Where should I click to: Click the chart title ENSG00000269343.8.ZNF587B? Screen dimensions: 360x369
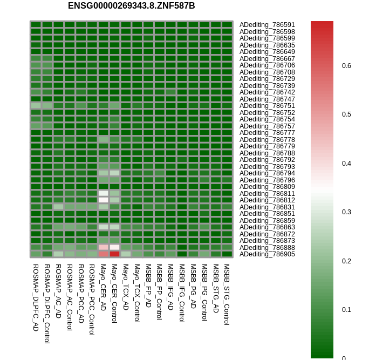(x=131, y=6)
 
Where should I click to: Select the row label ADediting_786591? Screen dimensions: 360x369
(x=267, y=25)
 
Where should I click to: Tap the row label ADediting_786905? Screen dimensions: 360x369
(x=267, y=254)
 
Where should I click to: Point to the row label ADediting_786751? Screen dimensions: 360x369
(x=267, y=106)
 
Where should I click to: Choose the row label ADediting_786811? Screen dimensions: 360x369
(x=267, y=193)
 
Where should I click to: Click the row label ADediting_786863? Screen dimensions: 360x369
(x=267, y=227)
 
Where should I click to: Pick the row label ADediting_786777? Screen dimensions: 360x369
(x=267, y=133)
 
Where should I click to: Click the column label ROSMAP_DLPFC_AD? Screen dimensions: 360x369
(x=36, y=297)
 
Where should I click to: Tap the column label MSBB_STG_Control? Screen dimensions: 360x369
(x=227, y=294)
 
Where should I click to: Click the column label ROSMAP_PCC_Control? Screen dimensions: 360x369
(x=92, y=300)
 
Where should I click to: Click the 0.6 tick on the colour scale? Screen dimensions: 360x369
(x=346, y=66)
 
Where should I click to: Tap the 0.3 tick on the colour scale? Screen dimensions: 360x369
(x=346, y=212)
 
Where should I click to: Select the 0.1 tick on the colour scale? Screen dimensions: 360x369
(x=346, y=310)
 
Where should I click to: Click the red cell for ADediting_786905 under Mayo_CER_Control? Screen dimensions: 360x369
(x=114, y=254)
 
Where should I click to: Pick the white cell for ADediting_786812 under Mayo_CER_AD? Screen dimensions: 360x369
(x=103, y=200)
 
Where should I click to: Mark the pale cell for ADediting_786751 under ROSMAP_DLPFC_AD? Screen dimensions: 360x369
(x=36, y=105)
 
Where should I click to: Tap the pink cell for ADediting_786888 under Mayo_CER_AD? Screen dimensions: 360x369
(x=103, y=247)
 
